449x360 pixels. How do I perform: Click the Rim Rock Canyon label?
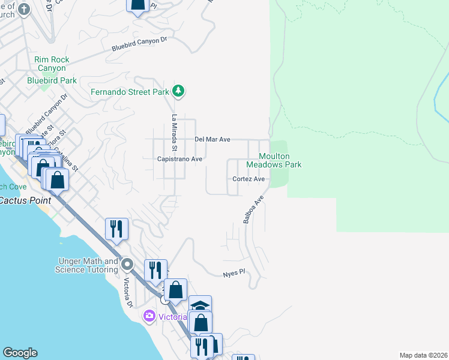52,64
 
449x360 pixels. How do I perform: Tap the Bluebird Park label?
52,80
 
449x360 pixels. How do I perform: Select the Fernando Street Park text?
130,92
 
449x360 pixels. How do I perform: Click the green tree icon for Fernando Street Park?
178,91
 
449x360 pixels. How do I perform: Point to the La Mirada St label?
175,133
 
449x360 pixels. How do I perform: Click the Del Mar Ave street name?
212,139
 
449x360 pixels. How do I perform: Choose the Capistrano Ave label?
179,159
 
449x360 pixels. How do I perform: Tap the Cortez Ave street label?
249,179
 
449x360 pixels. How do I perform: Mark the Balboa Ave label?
253,209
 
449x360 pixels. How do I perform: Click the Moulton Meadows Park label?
280,160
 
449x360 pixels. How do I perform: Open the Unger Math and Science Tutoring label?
88,265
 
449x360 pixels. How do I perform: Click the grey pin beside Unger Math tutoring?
127,264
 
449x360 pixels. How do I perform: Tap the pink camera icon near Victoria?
149,316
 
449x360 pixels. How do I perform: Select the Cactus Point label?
25,200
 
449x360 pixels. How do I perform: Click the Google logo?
20,353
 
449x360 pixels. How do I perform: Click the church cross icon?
23,9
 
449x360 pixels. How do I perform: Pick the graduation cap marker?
200,305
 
